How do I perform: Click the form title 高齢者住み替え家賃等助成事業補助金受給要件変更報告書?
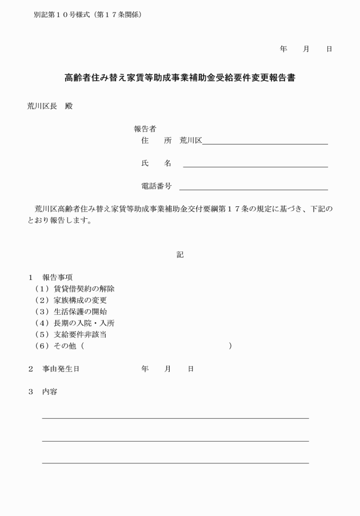[180, 78]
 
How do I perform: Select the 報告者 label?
[145, 129]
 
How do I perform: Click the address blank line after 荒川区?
[265, 143]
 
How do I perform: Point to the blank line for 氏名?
[255, 166]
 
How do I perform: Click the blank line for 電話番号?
[253, 189]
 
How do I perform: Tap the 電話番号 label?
[156, 186]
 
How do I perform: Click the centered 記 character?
[180, 255]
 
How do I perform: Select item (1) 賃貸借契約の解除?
[76, 289]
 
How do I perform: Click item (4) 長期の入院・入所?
[76, 323]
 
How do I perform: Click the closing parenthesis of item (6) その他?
[230, 346]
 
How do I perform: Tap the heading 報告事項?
[57, 277]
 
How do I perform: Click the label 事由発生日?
[61, 369]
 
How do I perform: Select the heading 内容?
[50, 392]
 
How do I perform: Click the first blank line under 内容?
[175, 418]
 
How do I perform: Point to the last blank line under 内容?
[175, 462]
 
